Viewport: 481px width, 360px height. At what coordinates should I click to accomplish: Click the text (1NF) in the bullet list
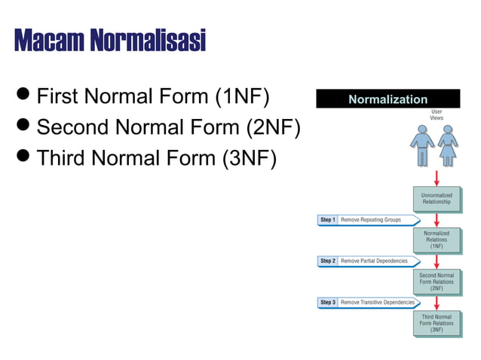pyautogui.click(x=242, y=96)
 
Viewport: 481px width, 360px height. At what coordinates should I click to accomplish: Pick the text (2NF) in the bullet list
pyautogui.click(x=273, y=127)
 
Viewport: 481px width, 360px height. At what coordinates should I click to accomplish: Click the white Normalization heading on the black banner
pyautogui.click(x=388, y=99)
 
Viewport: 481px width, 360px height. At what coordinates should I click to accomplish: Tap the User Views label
pyautogui.click(x=437, y=115)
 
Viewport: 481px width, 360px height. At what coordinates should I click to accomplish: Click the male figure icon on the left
pyautogui.click(x=421, y=145)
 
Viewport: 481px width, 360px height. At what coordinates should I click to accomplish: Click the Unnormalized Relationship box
pyautogui.click(x=437, y=199)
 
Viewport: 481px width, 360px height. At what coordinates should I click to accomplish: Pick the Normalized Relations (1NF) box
pyautogui.click(x=437, y=239)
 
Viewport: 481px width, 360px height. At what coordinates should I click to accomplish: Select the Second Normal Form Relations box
pyautogui.click(x=437, y=282)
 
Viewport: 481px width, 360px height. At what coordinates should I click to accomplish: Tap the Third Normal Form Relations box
pyautogui.click(x=437, y=323)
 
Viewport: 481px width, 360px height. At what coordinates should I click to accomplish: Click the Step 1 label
pyautogui.click(x=327, y=220)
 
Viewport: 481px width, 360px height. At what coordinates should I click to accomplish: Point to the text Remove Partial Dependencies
pyautogui.click(x=374, y=261)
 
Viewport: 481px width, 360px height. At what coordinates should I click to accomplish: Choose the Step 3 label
pyautogui.click(x=327, y=302)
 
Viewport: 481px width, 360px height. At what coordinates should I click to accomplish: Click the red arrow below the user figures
pyautogui.click(x=437, y=178)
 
